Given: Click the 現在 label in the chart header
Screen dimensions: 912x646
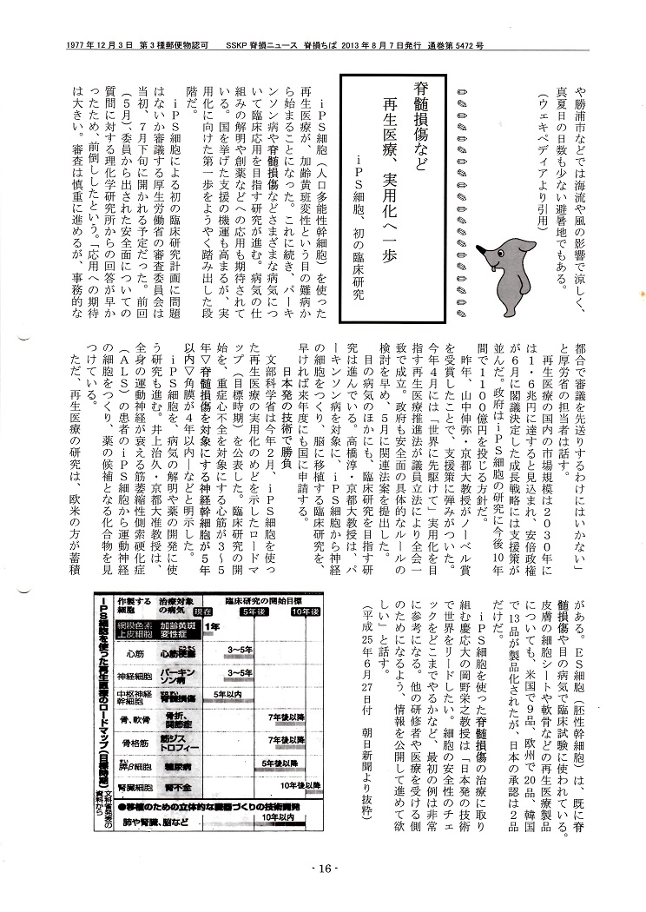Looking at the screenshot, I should tap(205, 611).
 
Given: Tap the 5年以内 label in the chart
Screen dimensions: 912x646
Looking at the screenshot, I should tap(227, 695).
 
